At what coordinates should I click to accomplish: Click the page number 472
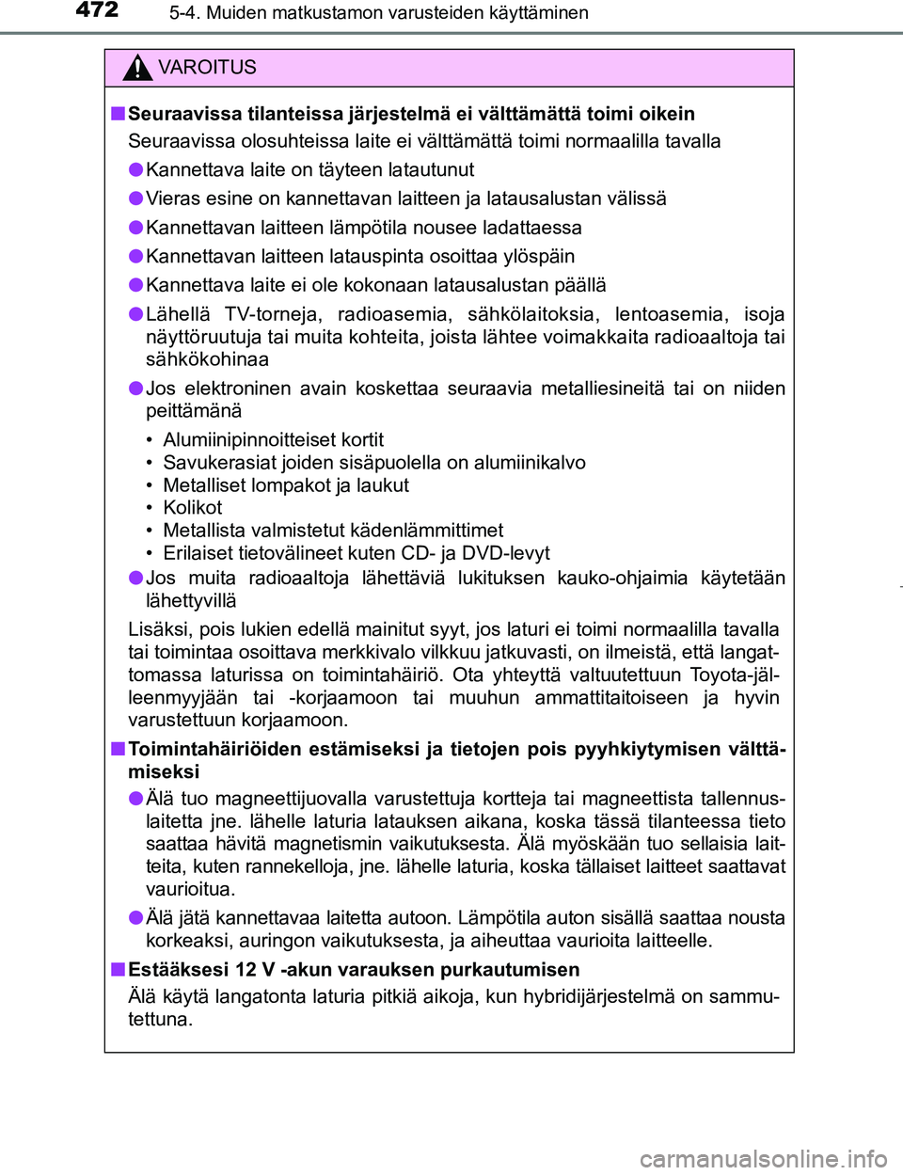(97, 10)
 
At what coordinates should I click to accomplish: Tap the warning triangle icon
(137, 68)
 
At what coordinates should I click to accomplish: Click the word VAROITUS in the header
(207, 68)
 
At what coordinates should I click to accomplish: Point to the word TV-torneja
(273, 314)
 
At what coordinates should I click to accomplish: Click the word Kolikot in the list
(193, 508)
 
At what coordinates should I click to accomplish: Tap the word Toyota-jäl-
(734, 675)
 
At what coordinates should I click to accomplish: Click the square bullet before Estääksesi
(118, 969)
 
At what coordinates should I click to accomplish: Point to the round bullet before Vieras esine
(136, 198)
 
